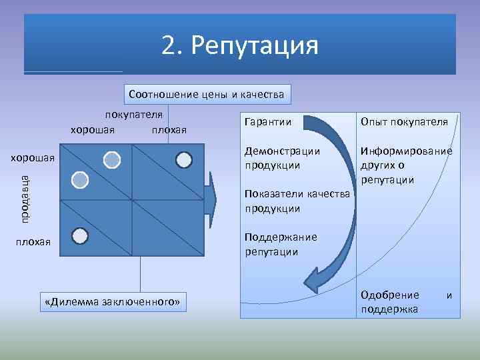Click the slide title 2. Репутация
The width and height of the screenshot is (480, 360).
240,45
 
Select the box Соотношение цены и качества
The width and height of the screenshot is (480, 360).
206,95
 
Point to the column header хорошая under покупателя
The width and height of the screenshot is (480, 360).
92,129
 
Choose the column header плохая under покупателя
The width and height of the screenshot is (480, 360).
169,129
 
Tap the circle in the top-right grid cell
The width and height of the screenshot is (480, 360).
184,159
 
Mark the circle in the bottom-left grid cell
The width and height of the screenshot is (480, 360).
79,235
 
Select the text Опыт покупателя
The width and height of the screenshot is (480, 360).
403,121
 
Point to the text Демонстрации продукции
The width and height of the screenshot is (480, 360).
282,158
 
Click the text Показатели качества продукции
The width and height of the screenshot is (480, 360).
297,201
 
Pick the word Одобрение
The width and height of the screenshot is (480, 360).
389,295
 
